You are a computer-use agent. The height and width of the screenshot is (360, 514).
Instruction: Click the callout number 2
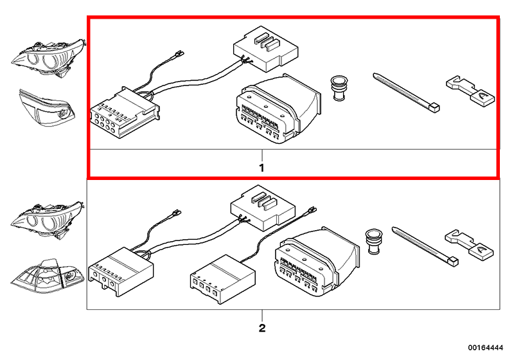point(261,328)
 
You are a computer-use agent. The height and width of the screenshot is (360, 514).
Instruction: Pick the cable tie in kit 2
point(425,244)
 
